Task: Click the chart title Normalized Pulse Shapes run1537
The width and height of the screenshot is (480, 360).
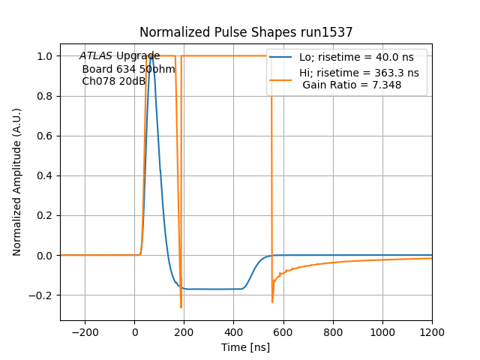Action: [246, 32]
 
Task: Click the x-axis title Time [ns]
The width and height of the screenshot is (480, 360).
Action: [246, 347]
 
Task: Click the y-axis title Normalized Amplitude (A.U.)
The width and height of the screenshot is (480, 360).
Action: [17, 182]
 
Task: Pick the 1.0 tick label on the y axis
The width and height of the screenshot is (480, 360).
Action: [44, 56]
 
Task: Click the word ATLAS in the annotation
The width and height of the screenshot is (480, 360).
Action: [96, 56]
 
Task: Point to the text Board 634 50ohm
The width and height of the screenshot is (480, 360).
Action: [128, 69]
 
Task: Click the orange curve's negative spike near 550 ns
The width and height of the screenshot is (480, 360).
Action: [272, 301]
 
